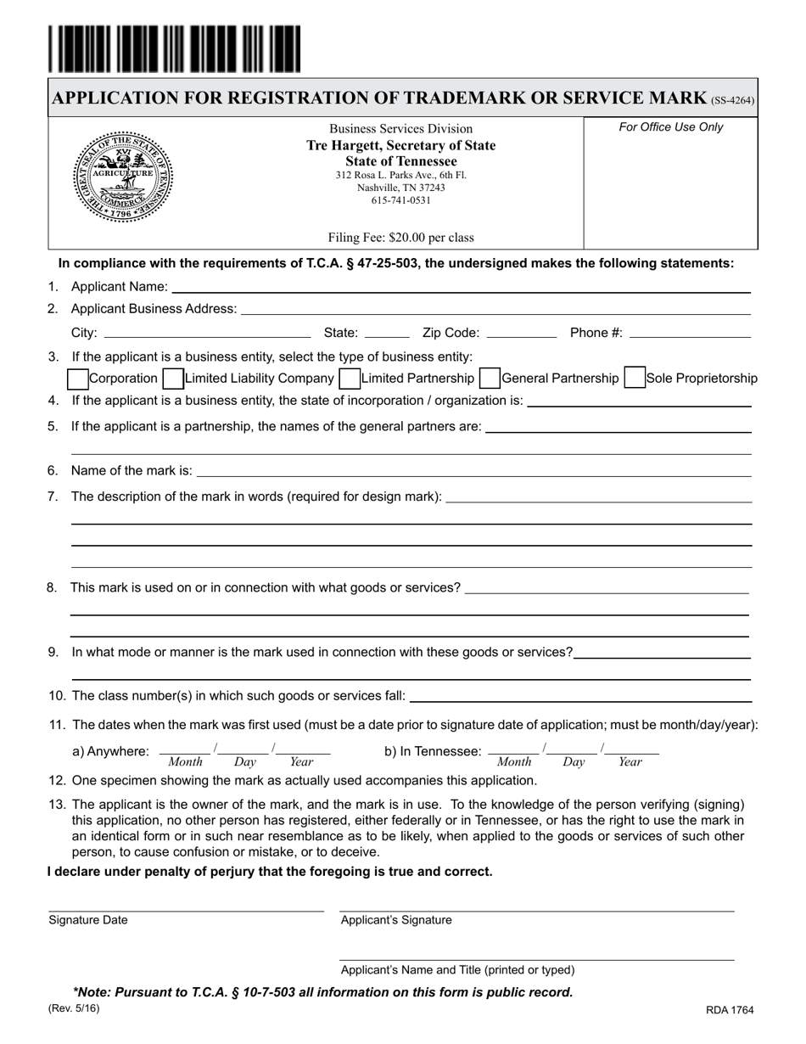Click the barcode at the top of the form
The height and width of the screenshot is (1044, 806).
(174, 49)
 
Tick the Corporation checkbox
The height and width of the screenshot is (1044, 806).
(77, 378)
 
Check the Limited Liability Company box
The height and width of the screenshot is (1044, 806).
(172, 378)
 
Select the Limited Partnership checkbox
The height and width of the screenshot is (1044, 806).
(349, 378)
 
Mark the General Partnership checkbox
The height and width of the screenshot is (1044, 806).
(490, 378)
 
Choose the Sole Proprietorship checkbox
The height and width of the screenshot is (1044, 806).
(634, 378)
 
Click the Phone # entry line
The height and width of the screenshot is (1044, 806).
(689, 333)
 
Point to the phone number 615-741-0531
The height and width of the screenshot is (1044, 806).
(401, 201)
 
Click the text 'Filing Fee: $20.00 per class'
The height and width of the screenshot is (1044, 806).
(401, 238)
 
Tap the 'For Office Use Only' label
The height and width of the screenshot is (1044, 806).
(671, 127)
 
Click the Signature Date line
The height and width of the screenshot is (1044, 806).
(186, 906)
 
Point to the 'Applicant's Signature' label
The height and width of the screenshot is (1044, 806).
(396, 920)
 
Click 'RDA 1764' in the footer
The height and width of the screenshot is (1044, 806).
(729, 1010)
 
